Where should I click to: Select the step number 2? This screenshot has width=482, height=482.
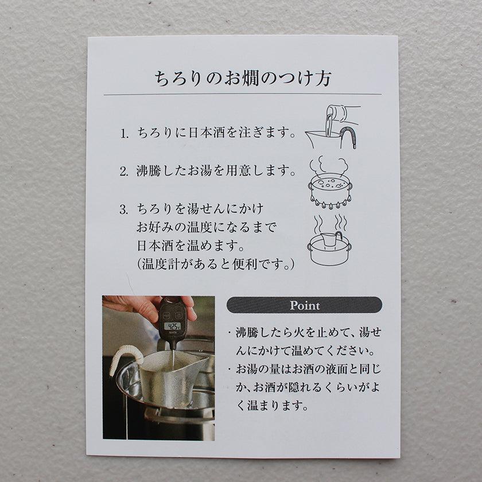[x=123, y=172]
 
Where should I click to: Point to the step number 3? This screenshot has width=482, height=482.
[x=123, y=210]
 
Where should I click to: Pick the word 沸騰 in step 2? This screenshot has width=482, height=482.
[x=149, y=171]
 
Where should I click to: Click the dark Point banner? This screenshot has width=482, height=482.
[x=304, y=305]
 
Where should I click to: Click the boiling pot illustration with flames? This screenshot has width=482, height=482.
[x=330, y=184]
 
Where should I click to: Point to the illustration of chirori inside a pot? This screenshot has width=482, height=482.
[x=329, y=240]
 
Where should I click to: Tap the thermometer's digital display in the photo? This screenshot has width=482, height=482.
[x=172, y=326]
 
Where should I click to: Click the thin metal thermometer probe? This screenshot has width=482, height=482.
[x=173, y=356]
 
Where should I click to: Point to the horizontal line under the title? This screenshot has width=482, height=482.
[x=243, y=94]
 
